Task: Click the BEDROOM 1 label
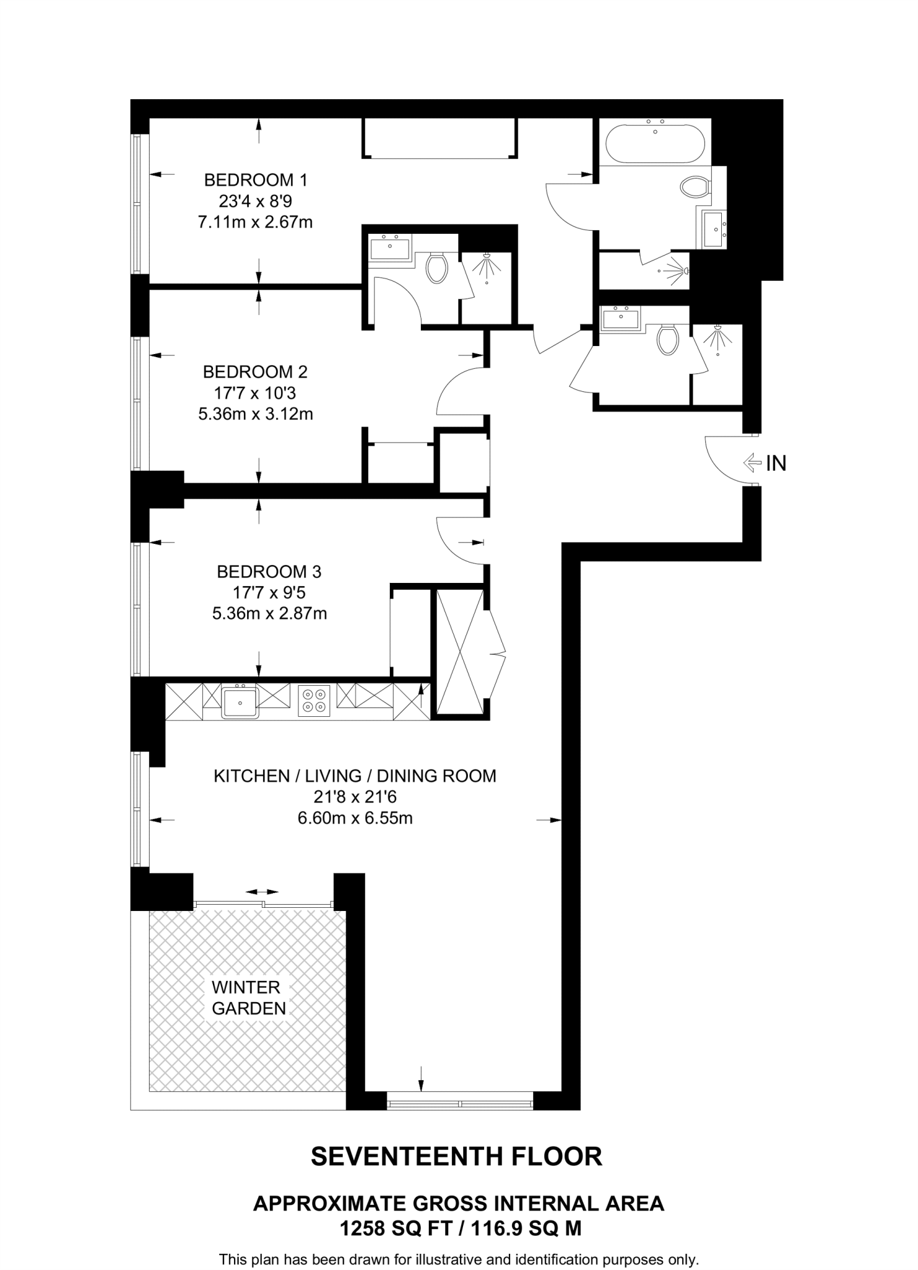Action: (x=255, y=180)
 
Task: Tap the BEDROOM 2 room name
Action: (x=255, y=372)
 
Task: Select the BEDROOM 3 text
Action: (x=269, y=571)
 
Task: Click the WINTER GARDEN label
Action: (x=248, y=998)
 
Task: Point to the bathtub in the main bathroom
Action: (x=655, y=143)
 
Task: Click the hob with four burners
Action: (x=314, y=700)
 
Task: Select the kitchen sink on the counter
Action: (x=240, y=701)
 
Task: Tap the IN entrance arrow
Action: (x=752, y=462)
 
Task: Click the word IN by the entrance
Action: (x=776, y=463)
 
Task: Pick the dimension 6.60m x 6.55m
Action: (x=355, y=818)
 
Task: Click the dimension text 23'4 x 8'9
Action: (x=255, y=202)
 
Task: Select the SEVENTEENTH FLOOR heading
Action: (x=456, y=1157)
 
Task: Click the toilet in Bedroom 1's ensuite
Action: (x=437, y=268)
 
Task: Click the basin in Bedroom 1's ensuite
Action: (x=390, y=249)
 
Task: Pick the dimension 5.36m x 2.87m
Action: (x=269, y=613)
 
